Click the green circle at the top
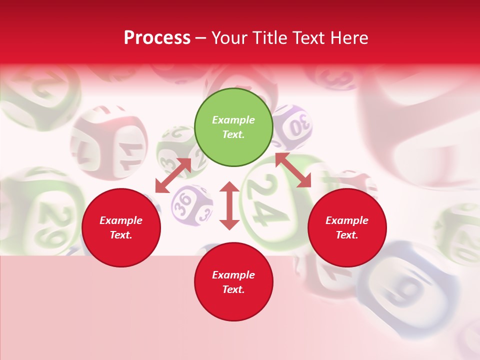(233, 127)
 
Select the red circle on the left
(121, 227)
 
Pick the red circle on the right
(347, 227)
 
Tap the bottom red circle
(233, 282)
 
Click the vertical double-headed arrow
(229, 205)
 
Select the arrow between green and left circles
(173, 175)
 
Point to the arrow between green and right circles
(293, 170)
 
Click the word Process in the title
(157, 38)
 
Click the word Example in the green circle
(233, 120)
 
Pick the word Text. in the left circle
(121, 235)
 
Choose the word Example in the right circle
(347, 220)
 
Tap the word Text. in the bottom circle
(233, 289)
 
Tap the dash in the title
(201, 38)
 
